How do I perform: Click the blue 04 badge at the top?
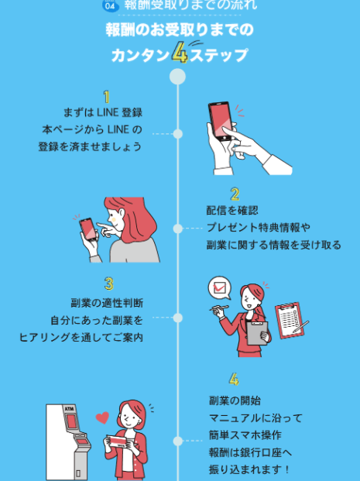pyautogui.click(x=111, y=5)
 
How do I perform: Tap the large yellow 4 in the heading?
pyautogui.click(x=180, y=53)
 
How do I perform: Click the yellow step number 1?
pyautogui.click(x=106, y=97)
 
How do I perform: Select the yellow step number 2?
pyautogui.click(x=235, y=194)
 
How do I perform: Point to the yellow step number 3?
pyautogui.click(x=109, y=283)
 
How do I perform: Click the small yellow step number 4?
pyautogui.click(x=234, y=380)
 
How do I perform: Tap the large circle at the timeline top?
pyautogui.click(x=177, y=77)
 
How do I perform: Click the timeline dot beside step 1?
pyautogui.click(x=178, y=134)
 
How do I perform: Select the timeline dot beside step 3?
pyautogui.click(x=178, y=318)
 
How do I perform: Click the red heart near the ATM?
pyautogui.click(x=102, y=417)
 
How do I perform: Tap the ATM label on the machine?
pyautogui.click(x=70, y=409)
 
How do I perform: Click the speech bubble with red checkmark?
pyautogui.click(x=220, y=288)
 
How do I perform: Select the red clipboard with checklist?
pyautogui.click(x=290, y=321)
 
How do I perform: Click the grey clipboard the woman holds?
pyautogui.click(x=257, y=333)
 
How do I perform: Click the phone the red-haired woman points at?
pyautogui.click(x=88, y=229)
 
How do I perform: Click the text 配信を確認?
pyautogui.click(x=232, y=211)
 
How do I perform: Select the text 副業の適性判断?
pyautogui.click(x=107, y=303)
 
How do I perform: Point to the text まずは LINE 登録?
pyautogui.click(x=103, y=112)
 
